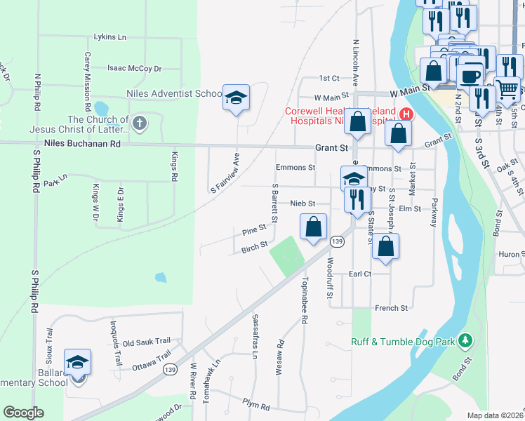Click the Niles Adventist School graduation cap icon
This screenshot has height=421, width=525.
pyautogui.click(x=237, y=98)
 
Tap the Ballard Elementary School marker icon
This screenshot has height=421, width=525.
pyautogui.click(x=77, y=363)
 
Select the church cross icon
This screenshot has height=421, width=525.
pyautogui.click(x=140, y=124)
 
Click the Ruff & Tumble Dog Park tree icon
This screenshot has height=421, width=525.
pyautogui.click(x=464, y=342)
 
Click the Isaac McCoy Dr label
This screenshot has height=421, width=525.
pyautogui.click(x=134, y=69)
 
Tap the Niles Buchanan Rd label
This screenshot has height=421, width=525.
pyautogui.click(x=82, y=143)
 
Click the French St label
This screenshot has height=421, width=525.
pyautogui.click(x=391, y=308)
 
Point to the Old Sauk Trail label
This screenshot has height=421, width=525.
pyautogui.click(x=147, y=343)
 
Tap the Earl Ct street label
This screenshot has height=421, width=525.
pyautogui.click(x=359, y=274)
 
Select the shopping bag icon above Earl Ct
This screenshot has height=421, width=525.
pyautogui.click(x=385, y=246)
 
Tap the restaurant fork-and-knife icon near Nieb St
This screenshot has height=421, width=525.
pyautogui.click(x=357, y=200)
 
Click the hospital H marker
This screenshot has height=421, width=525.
pyautogui.click(x=405, y=114)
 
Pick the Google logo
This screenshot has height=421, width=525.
pyautogui.click(x=24, y=413)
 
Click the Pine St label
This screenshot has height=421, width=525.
pyautogui.click(x=254, y=229)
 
